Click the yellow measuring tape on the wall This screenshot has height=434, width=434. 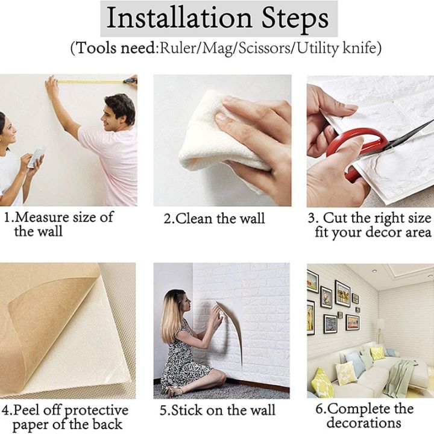90,81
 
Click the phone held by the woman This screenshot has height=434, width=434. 36,156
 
